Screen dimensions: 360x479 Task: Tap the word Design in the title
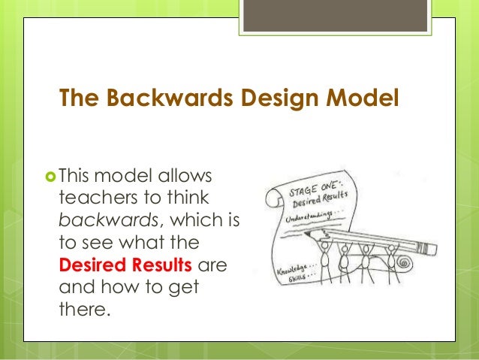click(x=274, y=98)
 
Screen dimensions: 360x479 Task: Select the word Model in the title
click(x=360, y=98)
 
